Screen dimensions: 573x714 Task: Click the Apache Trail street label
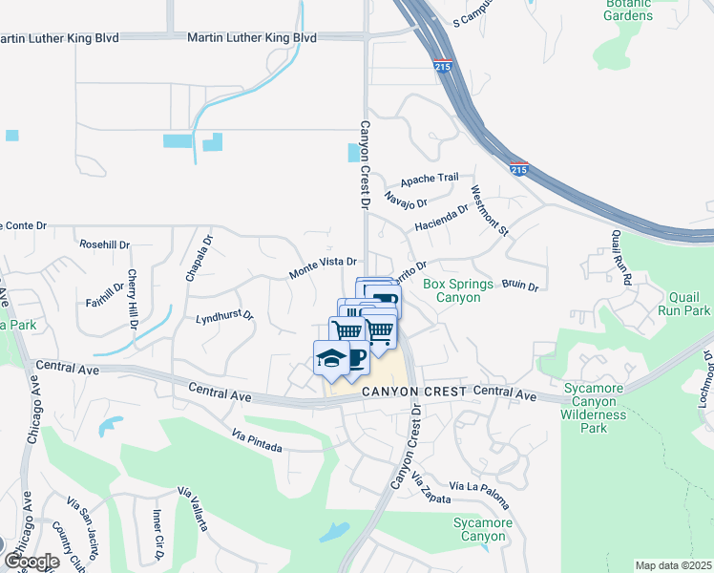pos(430,178)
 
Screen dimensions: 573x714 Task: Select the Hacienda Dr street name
pos(442,220)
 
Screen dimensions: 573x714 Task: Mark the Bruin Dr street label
pos(520,286)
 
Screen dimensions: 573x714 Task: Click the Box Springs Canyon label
pos(458,291)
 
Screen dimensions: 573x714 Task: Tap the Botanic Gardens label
pos(628,10)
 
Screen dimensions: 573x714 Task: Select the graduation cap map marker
pos(328,359)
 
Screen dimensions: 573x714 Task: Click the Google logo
pos(31,562)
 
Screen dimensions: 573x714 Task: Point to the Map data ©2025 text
pos(673,565)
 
